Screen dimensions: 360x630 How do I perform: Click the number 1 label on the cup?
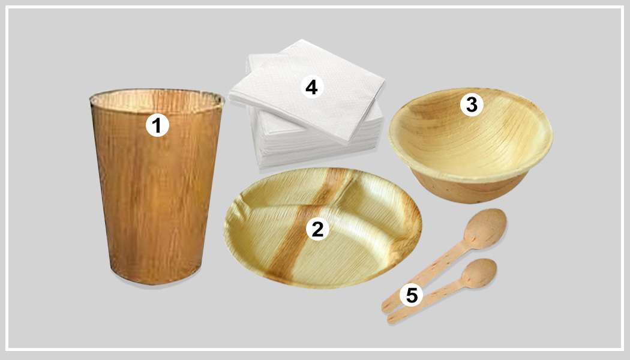(x=157, y=125)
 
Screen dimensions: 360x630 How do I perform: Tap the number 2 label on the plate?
(x=317, y=229)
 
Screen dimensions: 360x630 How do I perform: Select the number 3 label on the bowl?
(x=471, y=104)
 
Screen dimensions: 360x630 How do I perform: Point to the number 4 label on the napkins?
(x=311, y=88)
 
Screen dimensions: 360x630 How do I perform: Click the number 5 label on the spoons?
(x=411, y=295)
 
